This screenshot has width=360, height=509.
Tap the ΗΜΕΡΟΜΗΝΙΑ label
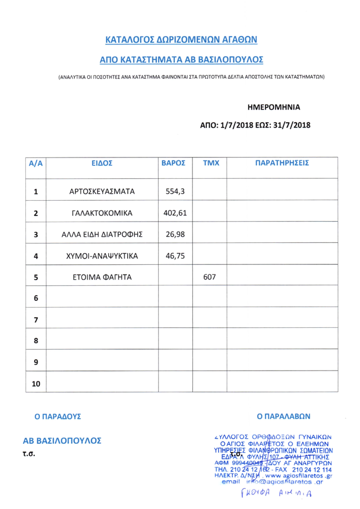[274, 106]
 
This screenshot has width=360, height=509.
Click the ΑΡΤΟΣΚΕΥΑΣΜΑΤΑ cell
[102, 191]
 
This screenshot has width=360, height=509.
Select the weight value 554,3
[175, 191]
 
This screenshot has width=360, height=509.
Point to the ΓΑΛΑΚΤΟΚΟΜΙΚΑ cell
[102, 213]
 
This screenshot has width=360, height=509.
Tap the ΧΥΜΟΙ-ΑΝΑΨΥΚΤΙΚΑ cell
[102, 256]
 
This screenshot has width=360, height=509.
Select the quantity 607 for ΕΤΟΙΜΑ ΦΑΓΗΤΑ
[209, 277]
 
